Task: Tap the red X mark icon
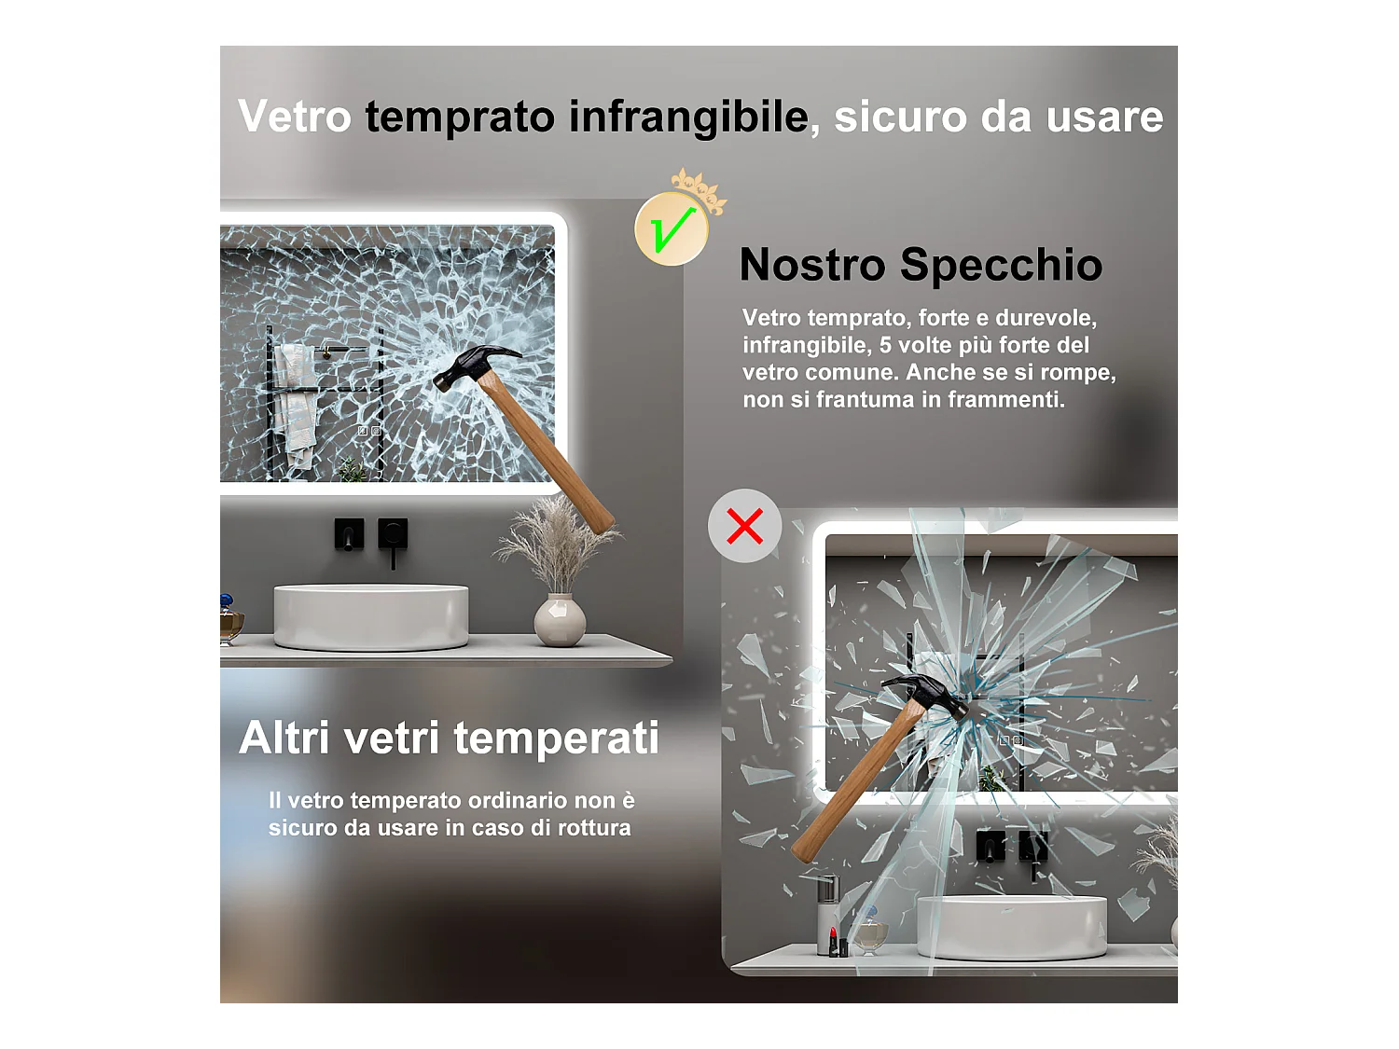click(x=744, y=526)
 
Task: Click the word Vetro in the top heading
click(x=295, y=117)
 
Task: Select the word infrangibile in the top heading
click(x=688, y=117)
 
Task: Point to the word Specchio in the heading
click(x=1001, y=265)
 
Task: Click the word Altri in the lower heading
click(x=285, y=738)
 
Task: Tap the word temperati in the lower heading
click(x=557, y=738)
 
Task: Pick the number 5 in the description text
click(x=885, y=345)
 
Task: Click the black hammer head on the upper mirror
click(x=474, y=365)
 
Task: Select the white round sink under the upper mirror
click(x=371, y=616)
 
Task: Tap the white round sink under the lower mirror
click(x=1012, y=926)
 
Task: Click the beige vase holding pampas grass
click(x=560, y=619)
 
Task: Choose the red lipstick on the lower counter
click(x=833, y=942)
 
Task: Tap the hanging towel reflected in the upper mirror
click(x=296, y=404)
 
